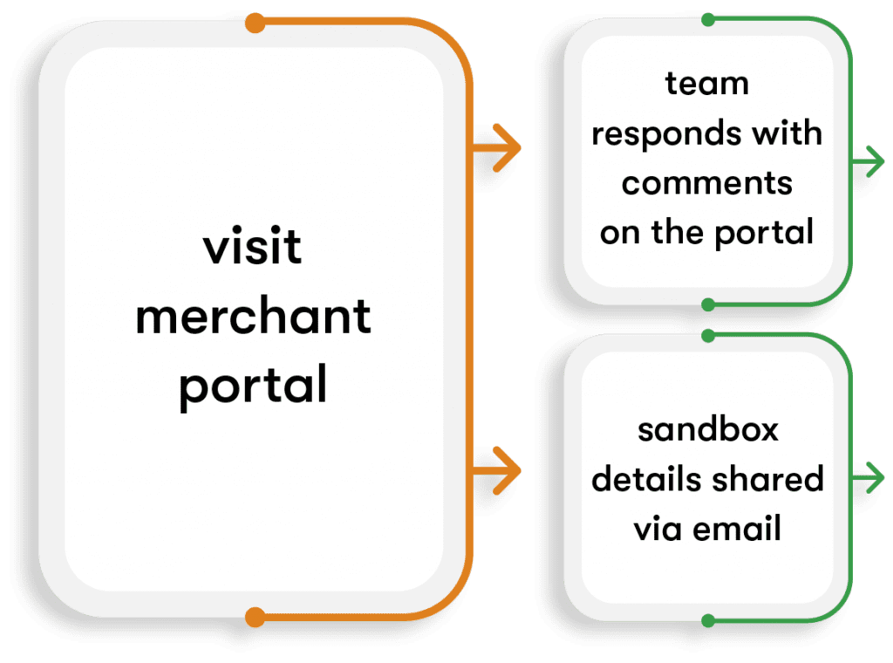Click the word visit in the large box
click(252, 246)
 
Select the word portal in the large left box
click(253, 386)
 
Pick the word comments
click(706, 183)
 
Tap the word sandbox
click(707, 429)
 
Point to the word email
click(737, 528)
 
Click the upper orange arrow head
click(506, 148)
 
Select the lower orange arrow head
click(506, 470)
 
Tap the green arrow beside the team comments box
click(868, 161)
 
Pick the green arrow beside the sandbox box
click(868, 477)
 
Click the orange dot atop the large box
click(256, 24)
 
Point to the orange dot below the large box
click(256, 618)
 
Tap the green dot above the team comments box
click(708, 20)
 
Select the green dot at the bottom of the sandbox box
click(708, 621)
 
